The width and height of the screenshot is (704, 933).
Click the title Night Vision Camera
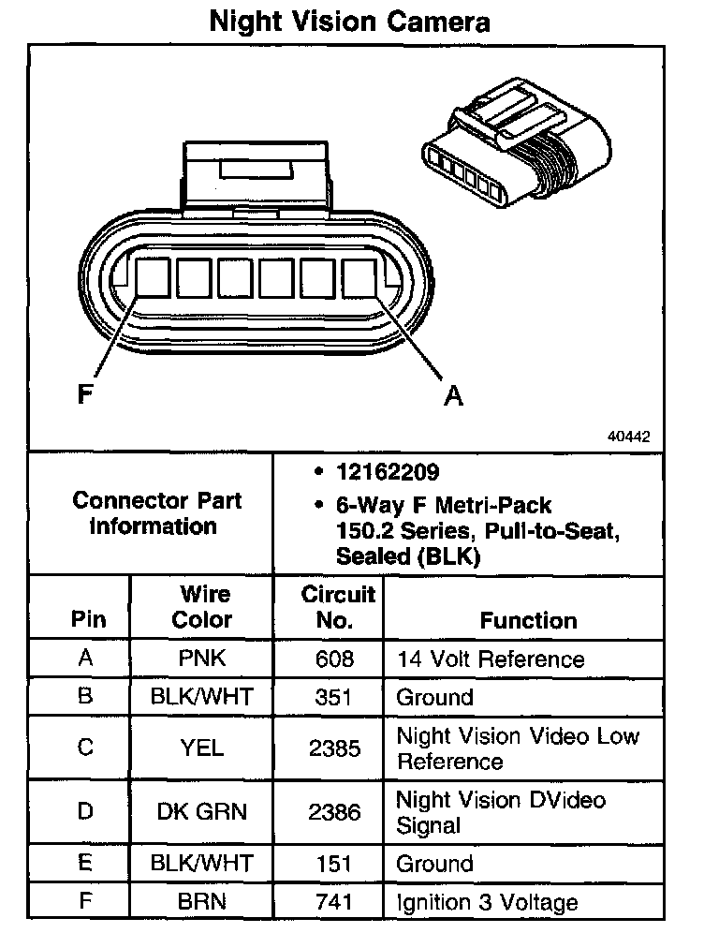(x=349, y=21)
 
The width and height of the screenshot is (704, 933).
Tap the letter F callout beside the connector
(x=85, y=395)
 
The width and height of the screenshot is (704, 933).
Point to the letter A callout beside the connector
(x=453, y=397)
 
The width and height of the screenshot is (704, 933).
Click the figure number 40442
(x=629, y=437)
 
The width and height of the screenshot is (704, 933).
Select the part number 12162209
(x=388, y=471)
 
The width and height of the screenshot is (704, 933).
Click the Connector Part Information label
(x=156, y=513)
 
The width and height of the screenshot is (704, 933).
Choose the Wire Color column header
(x=203, y=607)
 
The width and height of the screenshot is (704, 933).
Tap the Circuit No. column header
(x=338, y=607)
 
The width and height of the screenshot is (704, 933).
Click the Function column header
(x=529, y=620)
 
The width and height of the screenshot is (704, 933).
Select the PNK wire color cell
(x=202, y=659)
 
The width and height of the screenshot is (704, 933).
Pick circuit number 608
(x=335, y=659)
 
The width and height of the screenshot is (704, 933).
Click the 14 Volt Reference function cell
(x=491, y=659)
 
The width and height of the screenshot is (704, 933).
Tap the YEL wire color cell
(x=202, y=748)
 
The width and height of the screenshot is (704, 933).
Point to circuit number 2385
(x=335, y=748)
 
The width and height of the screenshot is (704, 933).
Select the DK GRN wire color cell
(x=202, y=811)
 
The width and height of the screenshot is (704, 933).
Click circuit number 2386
(x=335, y=811)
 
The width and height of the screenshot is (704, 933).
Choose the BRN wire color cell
(x=202, y=902)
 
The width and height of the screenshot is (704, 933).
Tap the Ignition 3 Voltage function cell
(x=487, y=902)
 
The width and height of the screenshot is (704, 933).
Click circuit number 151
(x=335, y=864)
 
